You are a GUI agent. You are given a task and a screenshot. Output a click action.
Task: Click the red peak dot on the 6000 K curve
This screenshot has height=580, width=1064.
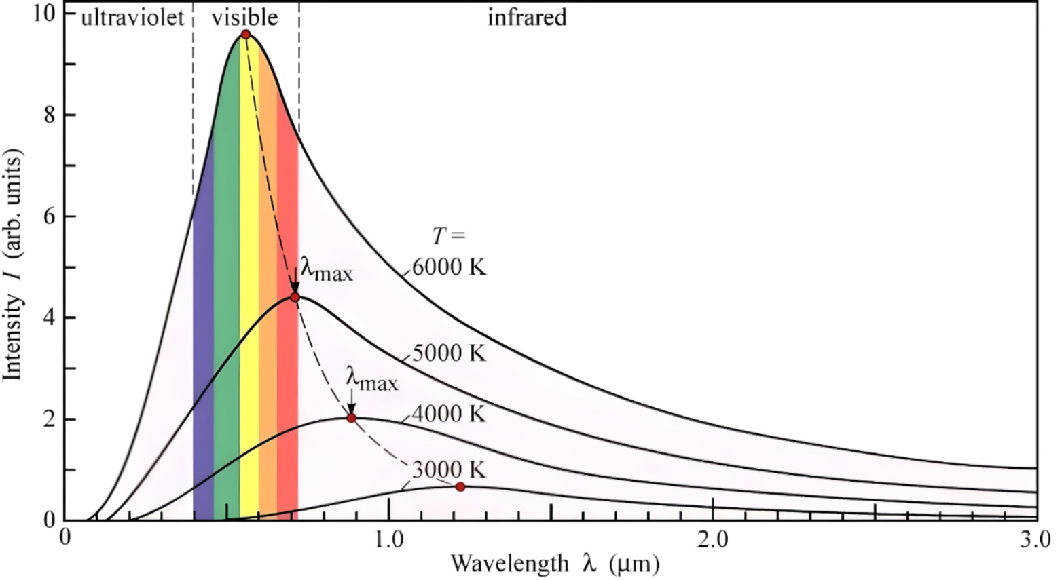point(246,35)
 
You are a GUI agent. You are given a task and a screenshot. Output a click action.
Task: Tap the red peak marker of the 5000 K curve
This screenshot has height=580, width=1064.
point(295,297)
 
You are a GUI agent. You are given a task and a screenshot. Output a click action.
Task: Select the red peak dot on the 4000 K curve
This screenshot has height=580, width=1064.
point(351,418)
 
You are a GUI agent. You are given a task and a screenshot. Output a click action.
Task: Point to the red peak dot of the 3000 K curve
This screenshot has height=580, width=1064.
point(460,486)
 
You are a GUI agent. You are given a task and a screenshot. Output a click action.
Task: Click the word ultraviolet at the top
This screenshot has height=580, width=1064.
point(132,18)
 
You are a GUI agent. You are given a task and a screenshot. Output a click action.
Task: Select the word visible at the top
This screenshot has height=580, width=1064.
point(244,18)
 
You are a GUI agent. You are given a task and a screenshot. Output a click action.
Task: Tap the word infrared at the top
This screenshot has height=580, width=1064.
point(527,18)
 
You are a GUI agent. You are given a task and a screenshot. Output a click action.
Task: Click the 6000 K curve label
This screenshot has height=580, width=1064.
point(450,267)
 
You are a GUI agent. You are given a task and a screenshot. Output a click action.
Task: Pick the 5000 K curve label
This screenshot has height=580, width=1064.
point(450,353)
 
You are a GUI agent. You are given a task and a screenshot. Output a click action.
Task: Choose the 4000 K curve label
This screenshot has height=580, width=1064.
point(450,413)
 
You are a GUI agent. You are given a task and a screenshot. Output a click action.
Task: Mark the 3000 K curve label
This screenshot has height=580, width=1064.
point(450,469)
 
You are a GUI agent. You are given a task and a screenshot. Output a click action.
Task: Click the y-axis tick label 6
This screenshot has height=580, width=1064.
point(50,216)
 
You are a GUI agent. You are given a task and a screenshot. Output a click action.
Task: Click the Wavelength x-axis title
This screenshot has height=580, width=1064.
point(555,563)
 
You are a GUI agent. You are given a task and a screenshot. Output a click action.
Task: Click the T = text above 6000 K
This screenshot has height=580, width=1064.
point(450,236)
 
